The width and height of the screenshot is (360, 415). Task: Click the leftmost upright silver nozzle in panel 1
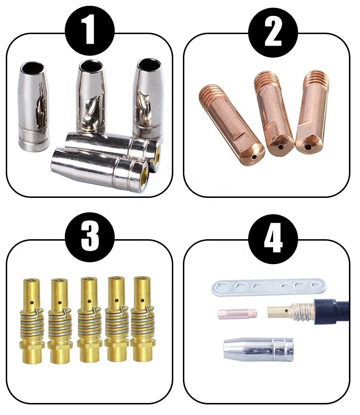pos(34,106)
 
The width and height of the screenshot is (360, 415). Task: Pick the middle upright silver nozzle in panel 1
pos(91,94)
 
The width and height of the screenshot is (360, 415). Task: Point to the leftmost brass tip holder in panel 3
pos(32,319)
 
